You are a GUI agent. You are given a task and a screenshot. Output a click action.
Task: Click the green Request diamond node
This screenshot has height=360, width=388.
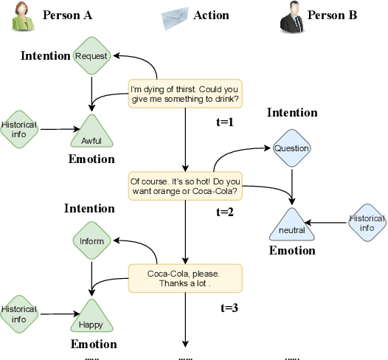(91, 56)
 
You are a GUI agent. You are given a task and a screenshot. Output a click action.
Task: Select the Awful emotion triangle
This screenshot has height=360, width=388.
(91, 135)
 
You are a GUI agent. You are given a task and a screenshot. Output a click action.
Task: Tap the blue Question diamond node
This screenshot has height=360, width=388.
(291, 148)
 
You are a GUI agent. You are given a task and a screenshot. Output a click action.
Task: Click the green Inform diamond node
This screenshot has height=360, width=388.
(92, 240)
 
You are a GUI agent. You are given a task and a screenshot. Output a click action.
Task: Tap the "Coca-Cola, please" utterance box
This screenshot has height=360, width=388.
(184, 278)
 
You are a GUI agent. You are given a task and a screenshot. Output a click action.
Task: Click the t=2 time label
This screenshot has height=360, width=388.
(225, 212)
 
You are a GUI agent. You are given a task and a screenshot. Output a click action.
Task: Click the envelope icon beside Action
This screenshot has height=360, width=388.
(177, 15)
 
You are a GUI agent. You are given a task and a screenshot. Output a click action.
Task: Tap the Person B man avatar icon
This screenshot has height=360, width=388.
(292, 16)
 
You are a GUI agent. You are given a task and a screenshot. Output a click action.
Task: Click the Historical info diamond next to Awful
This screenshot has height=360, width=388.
(19, 130)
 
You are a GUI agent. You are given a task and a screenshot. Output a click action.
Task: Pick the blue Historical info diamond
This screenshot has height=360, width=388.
(367, 223)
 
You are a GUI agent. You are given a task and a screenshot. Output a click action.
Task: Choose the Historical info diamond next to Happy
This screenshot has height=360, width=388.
(19, 314)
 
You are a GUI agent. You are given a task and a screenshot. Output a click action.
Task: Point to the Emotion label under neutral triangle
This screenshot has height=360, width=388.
(291, 251)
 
